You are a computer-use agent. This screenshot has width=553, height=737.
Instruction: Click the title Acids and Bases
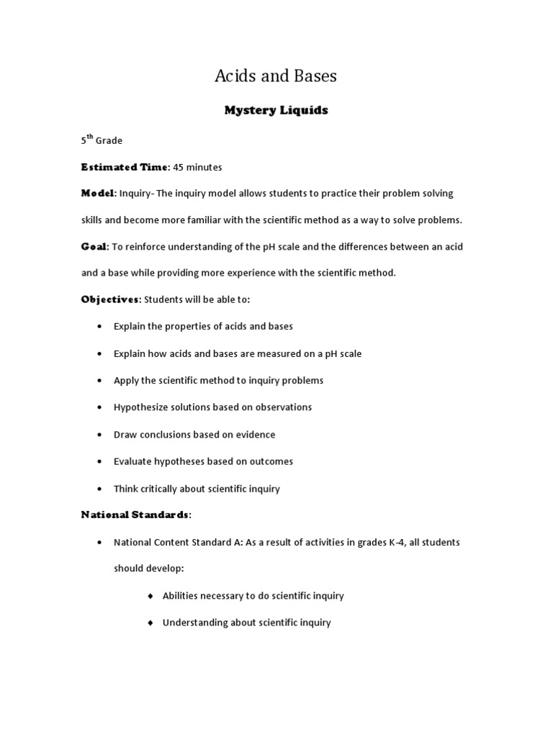point(276,76)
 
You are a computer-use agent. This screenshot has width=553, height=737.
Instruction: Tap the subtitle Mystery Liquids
point(276,110)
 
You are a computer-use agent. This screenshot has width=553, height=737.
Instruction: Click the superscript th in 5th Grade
point(90,137)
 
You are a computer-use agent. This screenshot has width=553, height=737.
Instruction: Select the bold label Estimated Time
point(125,167)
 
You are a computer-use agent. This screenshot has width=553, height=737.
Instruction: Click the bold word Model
point(98,194)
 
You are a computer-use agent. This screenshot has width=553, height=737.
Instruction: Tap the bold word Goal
point(94,247)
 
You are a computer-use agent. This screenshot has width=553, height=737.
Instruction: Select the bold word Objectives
point(109,299)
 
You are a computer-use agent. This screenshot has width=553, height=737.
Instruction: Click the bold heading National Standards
point(135,515)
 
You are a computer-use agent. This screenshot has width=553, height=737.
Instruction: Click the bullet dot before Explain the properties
point(99,327)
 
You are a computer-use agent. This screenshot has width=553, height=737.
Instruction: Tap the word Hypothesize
point(140,407)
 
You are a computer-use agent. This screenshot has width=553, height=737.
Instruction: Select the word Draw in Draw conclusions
point(125,435)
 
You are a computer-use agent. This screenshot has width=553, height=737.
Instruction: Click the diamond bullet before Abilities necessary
point(150,596)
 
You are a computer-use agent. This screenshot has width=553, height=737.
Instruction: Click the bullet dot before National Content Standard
point(99,542)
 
